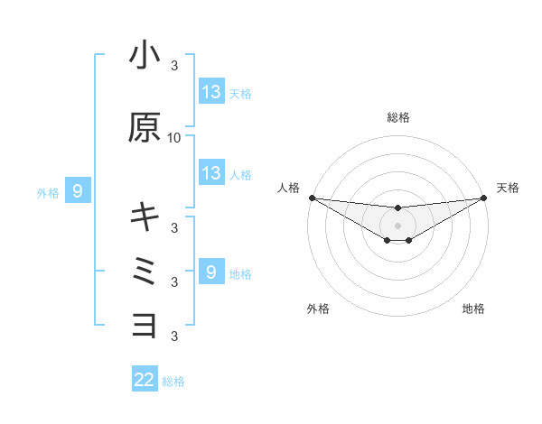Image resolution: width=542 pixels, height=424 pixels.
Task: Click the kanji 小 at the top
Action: click(x=145, y=55)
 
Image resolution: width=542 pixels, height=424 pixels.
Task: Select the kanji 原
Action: click(x=145, y=128)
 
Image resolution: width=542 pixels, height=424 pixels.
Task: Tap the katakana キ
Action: click(x=145, y=217)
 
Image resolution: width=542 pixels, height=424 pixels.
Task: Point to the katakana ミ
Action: click(x=145, y=271)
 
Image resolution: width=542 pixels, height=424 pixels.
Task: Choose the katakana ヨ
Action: click(x=145, y=324)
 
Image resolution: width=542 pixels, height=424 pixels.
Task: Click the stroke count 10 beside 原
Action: click(x=174, y=138)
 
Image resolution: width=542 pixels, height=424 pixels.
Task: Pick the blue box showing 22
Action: click(x=145, y=380)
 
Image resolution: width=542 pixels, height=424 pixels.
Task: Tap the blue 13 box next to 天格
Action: click(x=211, y=92)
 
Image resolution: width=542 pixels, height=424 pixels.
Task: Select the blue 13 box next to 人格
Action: click(x=211, y=173)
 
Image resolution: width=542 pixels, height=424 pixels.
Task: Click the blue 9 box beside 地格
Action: click(x=211, y=272)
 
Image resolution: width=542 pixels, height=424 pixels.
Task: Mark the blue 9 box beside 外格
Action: click(x=78, y=191)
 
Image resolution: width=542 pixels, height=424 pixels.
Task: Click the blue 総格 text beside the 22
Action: click(x=174, y=382)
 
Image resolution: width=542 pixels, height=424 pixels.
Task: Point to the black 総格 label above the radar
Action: click(x=397, y=117)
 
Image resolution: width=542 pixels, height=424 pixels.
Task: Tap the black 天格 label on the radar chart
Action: click(x=508, y=188)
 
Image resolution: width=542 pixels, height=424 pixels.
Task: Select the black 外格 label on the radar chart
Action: click(x=318, y=309)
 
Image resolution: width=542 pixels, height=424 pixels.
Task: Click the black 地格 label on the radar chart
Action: click(x=473, y=309)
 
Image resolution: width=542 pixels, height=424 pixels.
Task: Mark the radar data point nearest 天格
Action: click(x=484, y=198)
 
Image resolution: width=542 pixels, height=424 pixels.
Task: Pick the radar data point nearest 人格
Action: click(x=312, y=198)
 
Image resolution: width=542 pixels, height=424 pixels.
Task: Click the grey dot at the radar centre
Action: click(x=397, y=226)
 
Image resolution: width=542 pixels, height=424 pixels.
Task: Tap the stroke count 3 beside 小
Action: click(x=174, y=66)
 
